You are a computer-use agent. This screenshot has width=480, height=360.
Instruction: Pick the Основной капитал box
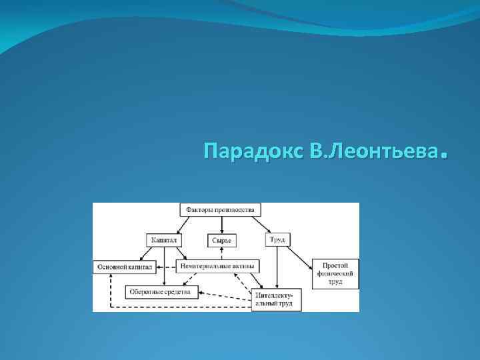tap(125, 267)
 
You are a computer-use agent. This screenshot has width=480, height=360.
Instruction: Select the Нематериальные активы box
tap(217, 265)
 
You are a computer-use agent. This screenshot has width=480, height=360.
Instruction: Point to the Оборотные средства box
tap(159, 291)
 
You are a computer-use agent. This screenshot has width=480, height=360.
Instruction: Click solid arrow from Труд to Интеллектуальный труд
tap(276, 267)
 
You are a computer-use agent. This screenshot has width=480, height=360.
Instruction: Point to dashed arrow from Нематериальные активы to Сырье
tap(221, 252)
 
